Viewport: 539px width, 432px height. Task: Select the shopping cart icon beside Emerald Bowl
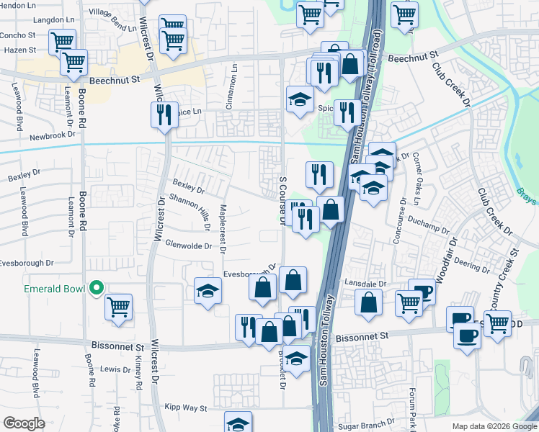(119, 307)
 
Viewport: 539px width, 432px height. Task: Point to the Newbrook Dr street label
(52, 135)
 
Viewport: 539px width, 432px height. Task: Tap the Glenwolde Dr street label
(187, 246)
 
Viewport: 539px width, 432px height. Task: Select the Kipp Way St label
(185, 408)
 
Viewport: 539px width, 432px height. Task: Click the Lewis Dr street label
(115, 369)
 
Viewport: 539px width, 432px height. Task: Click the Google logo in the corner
(24, 423)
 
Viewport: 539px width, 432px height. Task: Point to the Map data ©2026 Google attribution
(493, 426)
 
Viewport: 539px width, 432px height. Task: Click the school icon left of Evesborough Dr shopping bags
(208, 291)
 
